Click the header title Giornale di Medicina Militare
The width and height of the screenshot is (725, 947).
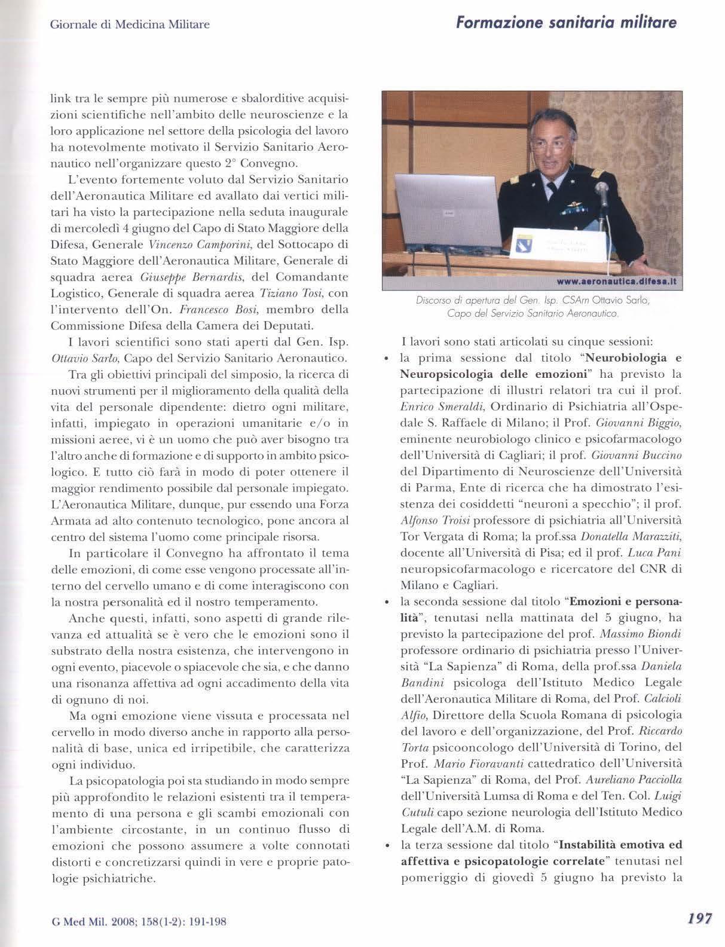[x=130, y=25]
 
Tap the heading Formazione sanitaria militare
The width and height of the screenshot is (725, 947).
[x=566, y=23]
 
